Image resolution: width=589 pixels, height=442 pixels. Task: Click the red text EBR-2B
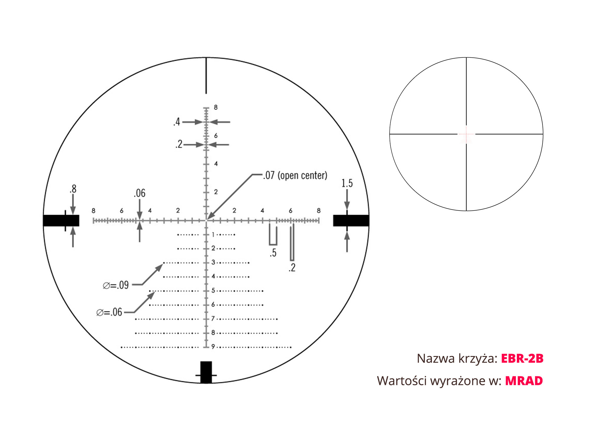tap(522, 358)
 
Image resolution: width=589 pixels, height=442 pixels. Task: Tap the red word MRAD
tap(524, 381)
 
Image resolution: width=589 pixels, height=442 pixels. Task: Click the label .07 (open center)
tap(295, 175)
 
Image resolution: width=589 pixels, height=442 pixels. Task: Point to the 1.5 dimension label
tap(347, 183)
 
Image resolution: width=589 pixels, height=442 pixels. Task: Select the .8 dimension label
tap(73, 189)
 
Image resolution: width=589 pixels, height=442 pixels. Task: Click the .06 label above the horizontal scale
tap(140, 193)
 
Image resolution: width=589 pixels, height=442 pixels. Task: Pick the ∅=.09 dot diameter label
tap(116, 285)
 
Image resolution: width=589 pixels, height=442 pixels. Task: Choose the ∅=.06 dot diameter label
tap(109, 312)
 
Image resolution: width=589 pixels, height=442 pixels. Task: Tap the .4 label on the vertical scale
tap(177, 122)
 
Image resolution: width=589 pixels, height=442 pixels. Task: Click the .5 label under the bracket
tap(273, 253)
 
